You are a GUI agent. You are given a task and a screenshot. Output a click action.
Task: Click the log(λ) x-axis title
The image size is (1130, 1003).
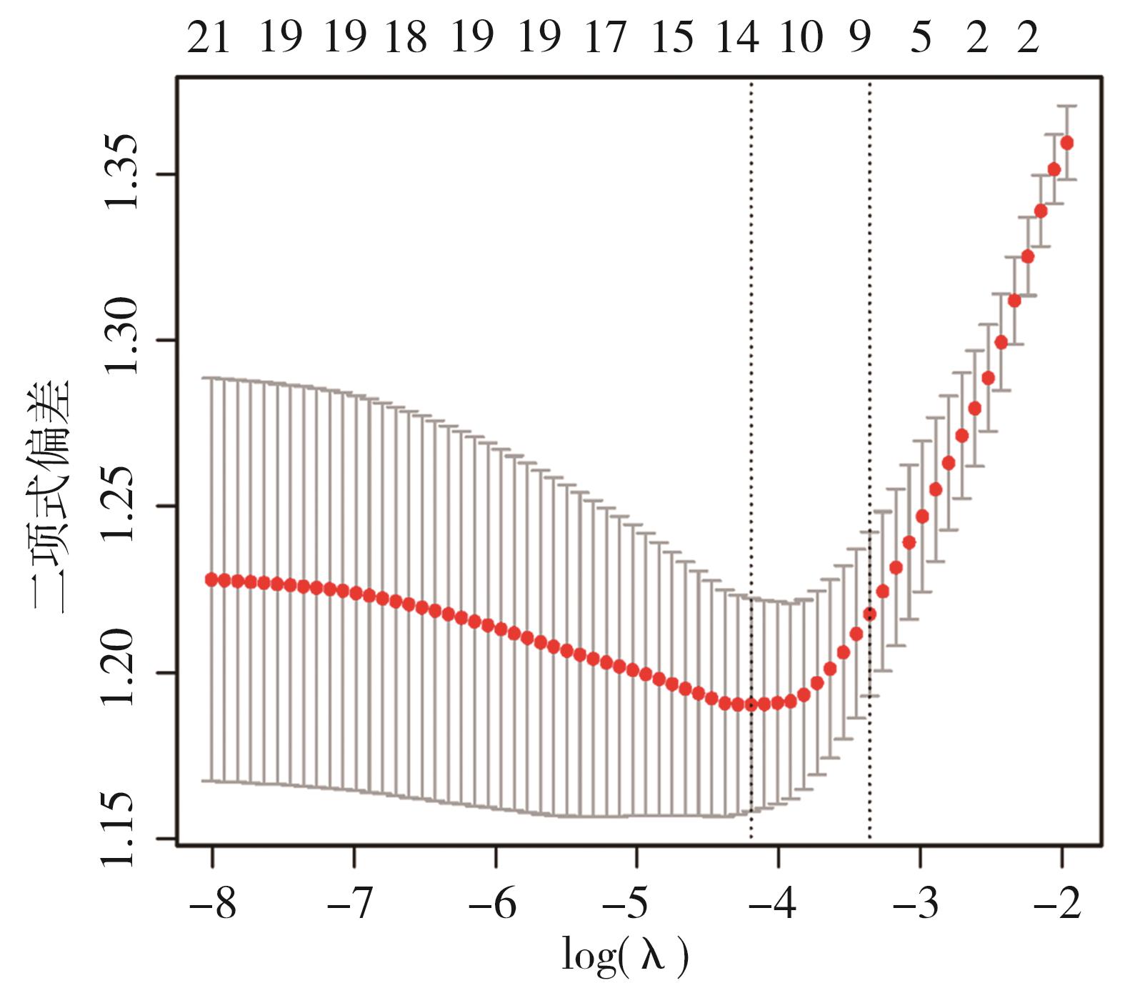tap(625, 956)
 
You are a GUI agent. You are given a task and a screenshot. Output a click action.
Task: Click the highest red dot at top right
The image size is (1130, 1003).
tap(1067, 143)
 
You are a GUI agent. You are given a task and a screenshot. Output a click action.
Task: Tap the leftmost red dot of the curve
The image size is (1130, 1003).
tap(211, 579)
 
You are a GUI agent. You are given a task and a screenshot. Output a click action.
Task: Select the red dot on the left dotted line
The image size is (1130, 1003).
tap(751, 705)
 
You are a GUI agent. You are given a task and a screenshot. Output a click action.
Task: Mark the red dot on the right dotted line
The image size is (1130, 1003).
tap(869, 614)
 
